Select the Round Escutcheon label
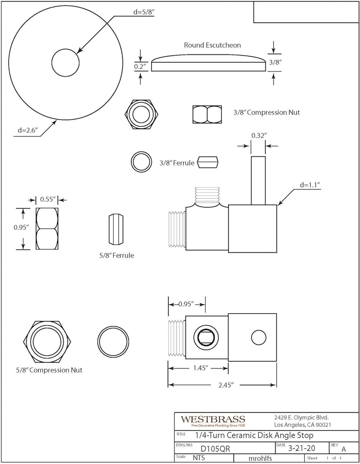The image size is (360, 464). [x=212, y=45]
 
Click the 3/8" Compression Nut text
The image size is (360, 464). [x=266, y=112]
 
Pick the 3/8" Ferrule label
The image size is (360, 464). [x=177, y=162]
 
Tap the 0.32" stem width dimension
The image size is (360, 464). [x=259, y=135]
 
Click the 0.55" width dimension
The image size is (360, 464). [x=47, y=199]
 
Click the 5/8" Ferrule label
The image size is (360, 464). [x=116, y=255]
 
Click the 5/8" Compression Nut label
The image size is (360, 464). [x=49, y=370]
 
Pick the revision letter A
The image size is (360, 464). [x=344, y=449]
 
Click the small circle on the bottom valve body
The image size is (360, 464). [x=258, y=338]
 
